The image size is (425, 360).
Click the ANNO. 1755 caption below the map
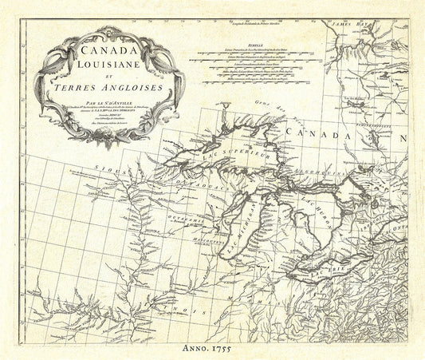coord(212,346)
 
